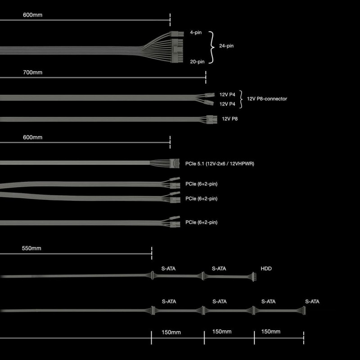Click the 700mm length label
point(32,72)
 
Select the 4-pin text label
point(196,33)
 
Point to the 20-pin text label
point(197,61)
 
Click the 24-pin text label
point(226,46)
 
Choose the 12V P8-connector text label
point(267,99)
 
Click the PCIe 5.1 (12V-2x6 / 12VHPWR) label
point(220,163)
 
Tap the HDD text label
point(266,269)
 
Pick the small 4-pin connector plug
point(175,34)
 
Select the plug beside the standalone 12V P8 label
point(209,119)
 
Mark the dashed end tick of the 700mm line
point(206,77)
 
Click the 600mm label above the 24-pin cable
point(32,15)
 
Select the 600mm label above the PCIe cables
point(32,137)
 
